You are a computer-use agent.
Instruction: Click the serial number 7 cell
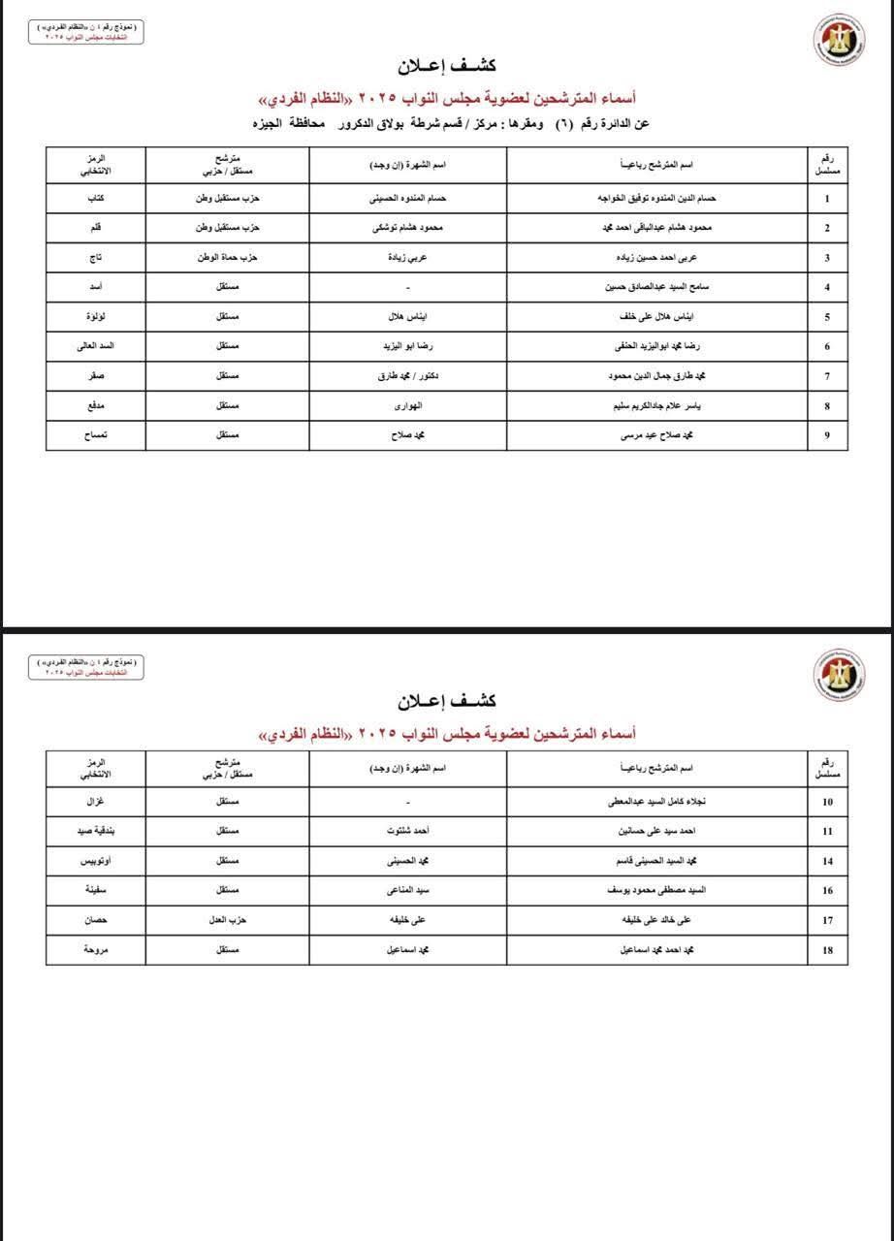(x=827, y=376)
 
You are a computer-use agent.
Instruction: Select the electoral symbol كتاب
(x=97, y=199)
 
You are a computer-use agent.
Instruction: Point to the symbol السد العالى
(x=97, y=346)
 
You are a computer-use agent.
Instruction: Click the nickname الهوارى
(x=408, y=406)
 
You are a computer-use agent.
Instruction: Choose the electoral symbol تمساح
(x=96, y=436)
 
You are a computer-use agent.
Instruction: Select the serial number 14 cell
(x=827, y=861)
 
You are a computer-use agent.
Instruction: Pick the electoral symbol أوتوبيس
(x=97, y=861)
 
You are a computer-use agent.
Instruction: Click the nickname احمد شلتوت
(x=408, y=832)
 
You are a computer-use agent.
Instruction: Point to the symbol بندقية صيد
(x=97, y=832)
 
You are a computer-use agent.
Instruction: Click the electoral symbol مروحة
(x=97, y=950)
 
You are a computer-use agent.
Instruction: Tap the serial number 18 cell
(x=827, y=950)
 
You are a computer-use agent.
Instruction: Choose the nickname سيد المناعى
(x=408, y=891)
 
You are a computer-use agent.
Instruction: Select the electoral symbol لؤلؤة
(x=97, y=317)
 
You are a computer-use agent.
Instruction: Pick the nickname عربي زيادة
(x=408, y=258)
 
